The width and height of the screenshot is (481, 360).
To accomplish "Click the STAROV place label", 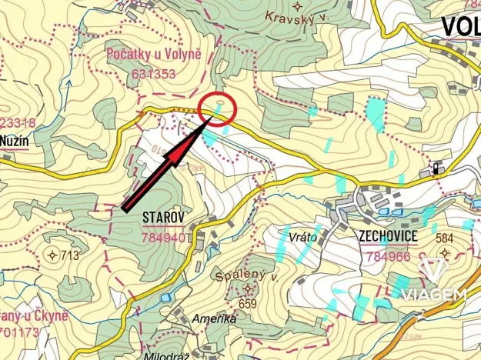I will [164, 218].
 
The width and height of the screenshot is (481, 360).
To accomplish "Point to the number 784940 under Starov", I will [164, 238].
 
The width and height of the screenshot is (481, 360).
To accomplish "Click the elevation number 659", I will [247, 303].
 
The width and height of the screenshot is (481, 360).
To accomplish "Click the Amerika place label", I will [209, 319].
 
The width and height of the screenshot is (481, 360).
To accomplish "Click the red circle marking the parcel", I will [217, 108].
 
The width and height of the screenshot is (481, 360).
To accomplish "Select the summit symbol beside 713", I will [52, 255].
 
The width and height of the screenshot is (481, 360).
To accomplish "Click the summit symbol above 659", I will [248, 289].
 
